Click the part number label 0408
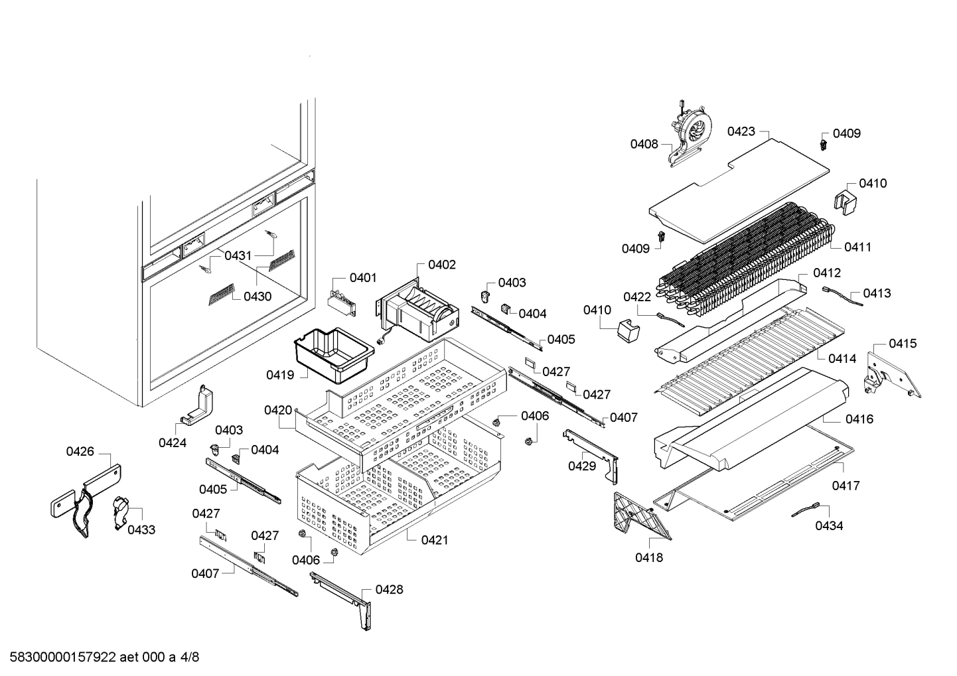click(x=644, y=143)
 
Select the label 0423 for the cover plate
click(x=741, y=131)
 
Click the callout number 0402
click(x=441, y=265)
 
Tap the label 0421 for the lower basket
click(x=434, y=540)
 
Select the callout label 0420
click(x=277, y=411)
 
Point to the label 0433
click(x=141, y=529)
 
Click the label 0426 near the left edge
click(x=80, y=452)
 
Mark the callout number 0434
click(x=829, y=525)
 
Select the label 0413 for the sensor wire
click(x=877, y=293)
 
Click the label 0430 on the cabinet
click(x=257, y=297)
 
